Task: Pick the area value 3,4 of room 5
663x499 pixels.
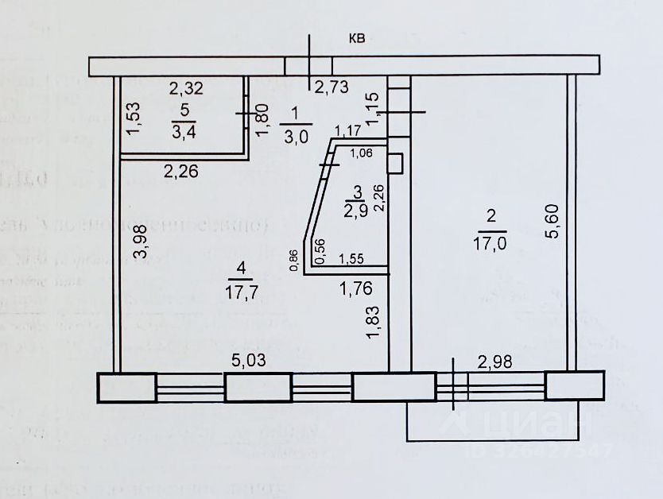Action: [x=184, y=131]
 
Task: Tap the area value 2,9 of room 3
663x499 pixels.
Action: [x=356, y=210]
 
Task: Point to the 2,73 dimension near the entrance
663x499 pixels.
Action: [x=332, y=88]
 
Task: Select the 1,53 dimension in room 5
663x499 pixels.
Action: [x=134, y=118]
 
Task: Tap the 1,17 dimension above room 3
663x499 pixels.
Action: [x=347, y=130]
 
